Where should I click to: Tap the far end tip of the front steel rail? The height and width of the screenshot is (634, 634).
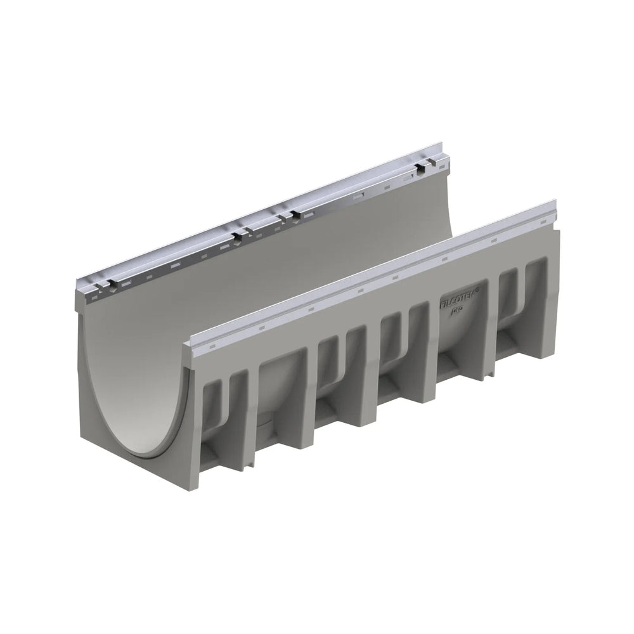pyautogui.click(x=556, y=206)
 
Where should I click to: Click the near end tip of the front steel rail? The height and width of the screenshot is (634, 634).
pyautogui.click(x=185, y=346)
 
